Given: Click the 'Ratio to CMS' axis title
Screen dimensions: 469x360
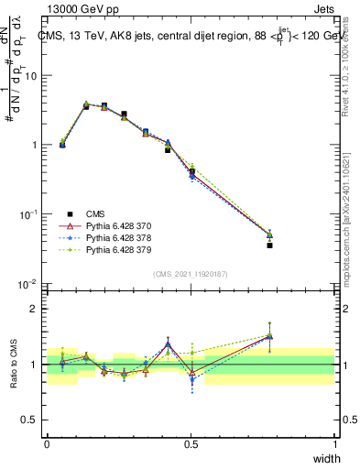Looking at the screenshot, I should (13, 365).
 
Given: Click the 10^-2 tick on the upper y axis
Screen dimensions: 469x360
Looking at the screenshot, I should (27, 284).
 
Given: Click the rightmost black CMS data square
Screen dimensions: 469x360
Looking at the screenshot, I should (269, 245).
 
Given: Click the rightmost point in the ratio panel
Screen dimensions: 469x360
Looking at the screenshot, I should (269, 336).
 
